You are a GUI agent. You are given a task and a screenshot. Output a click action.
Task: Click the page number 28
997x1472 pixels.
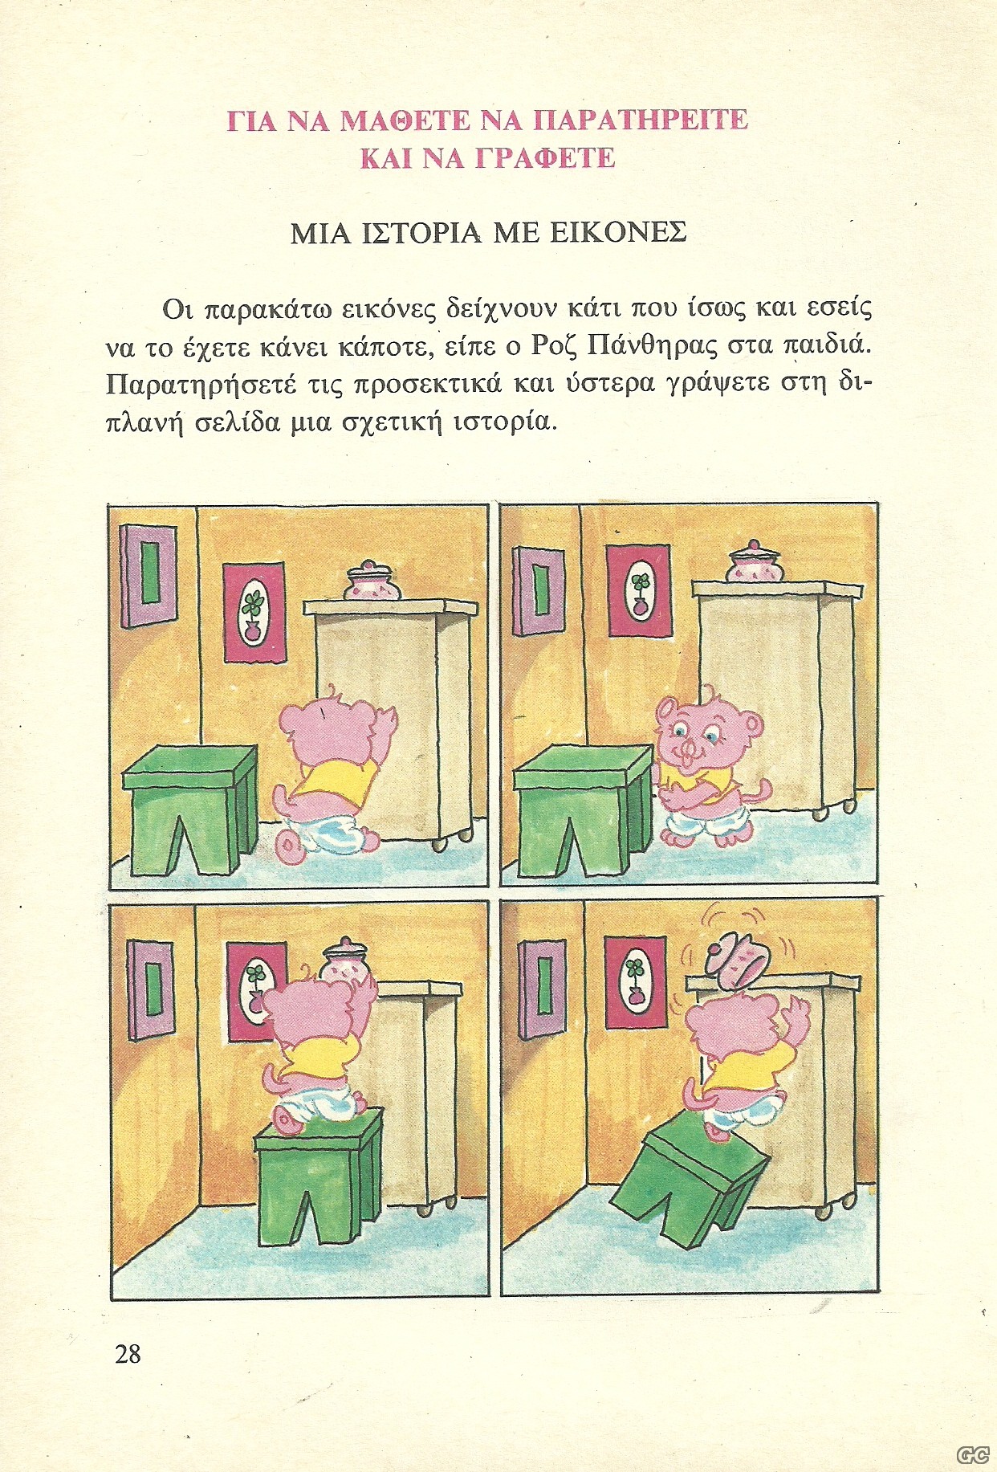128,1354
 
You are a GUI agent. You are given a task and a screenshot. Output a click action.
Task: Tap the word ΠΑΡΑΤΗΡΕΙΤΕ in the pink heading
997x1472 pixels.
641,120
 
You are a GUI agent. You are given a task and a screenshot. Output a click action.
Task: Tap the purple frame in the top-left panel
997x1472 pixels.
149,576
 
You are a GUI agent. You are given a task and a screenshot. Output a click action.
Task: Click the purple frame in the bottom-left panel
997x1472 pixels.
151,989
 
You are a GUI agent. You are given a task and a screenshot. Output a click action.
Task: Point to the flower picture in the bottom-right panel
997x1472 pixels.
635,982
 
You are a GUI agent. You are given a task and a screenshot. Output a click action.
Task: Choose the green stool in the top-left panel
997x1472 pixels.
191,809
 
